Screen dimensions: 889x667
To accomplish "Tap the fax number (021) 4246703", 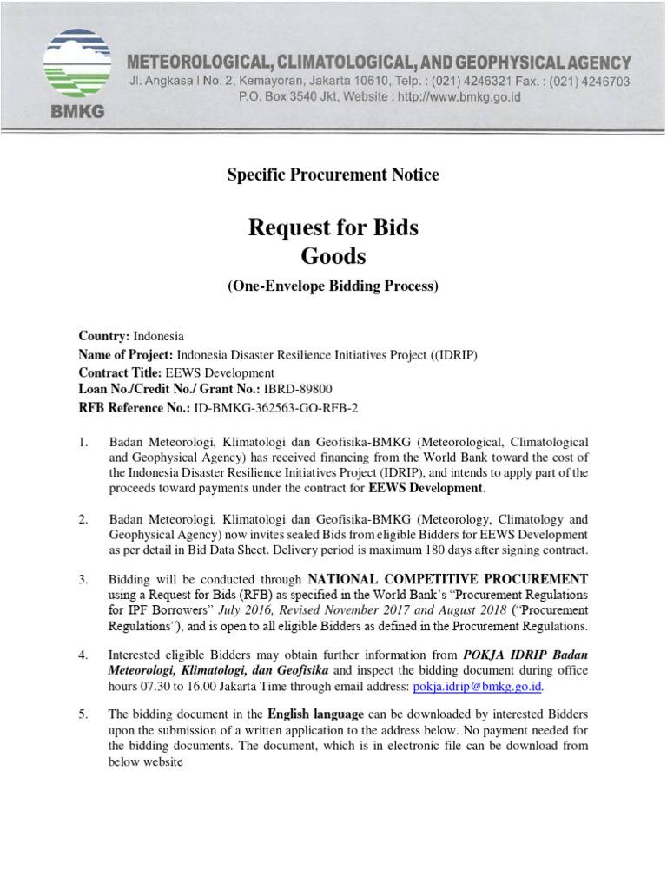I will (588, 81).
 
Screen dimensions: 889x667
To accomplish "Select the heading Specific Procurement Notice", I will (333, 175).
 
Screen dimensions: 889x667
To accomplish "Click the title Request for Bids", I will (333, 228).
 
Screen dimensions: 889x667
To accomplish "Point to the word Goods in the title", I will (333, 256).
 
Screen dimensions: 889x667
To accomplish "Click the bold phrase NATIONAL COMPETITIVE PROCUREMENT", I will (448, 579).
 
